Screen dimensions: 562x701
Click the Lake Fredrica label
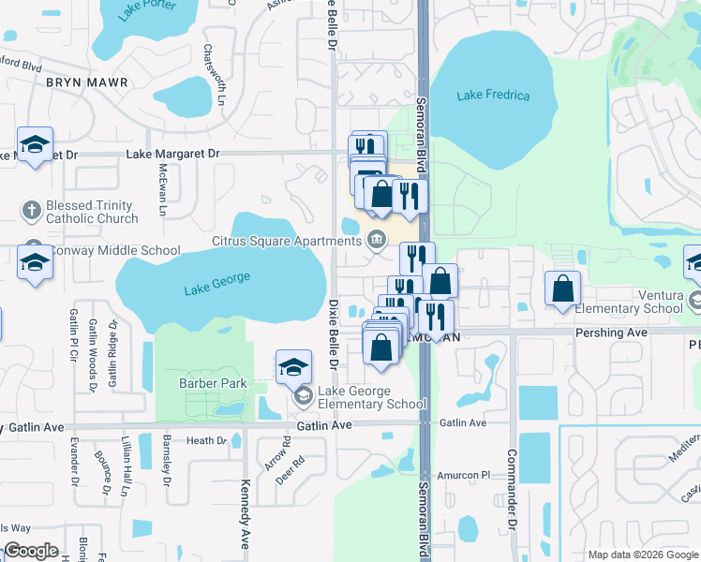pos(493,96)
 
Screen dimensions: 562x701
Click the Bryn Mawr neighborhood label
pos(86,82)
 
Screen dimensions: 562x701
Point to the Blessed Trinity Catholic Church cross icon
pos(31,211)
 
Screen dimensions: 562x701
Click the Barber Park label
pos(213,383)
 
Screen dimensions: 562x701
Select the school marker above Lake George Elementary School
pos(293,365)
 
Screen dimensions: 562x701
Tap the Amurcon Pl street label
pos(459,476)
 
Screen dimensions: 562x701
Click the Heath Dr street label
pos(206,440)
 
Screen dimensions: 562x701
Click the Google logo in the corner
pos(31,551)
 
